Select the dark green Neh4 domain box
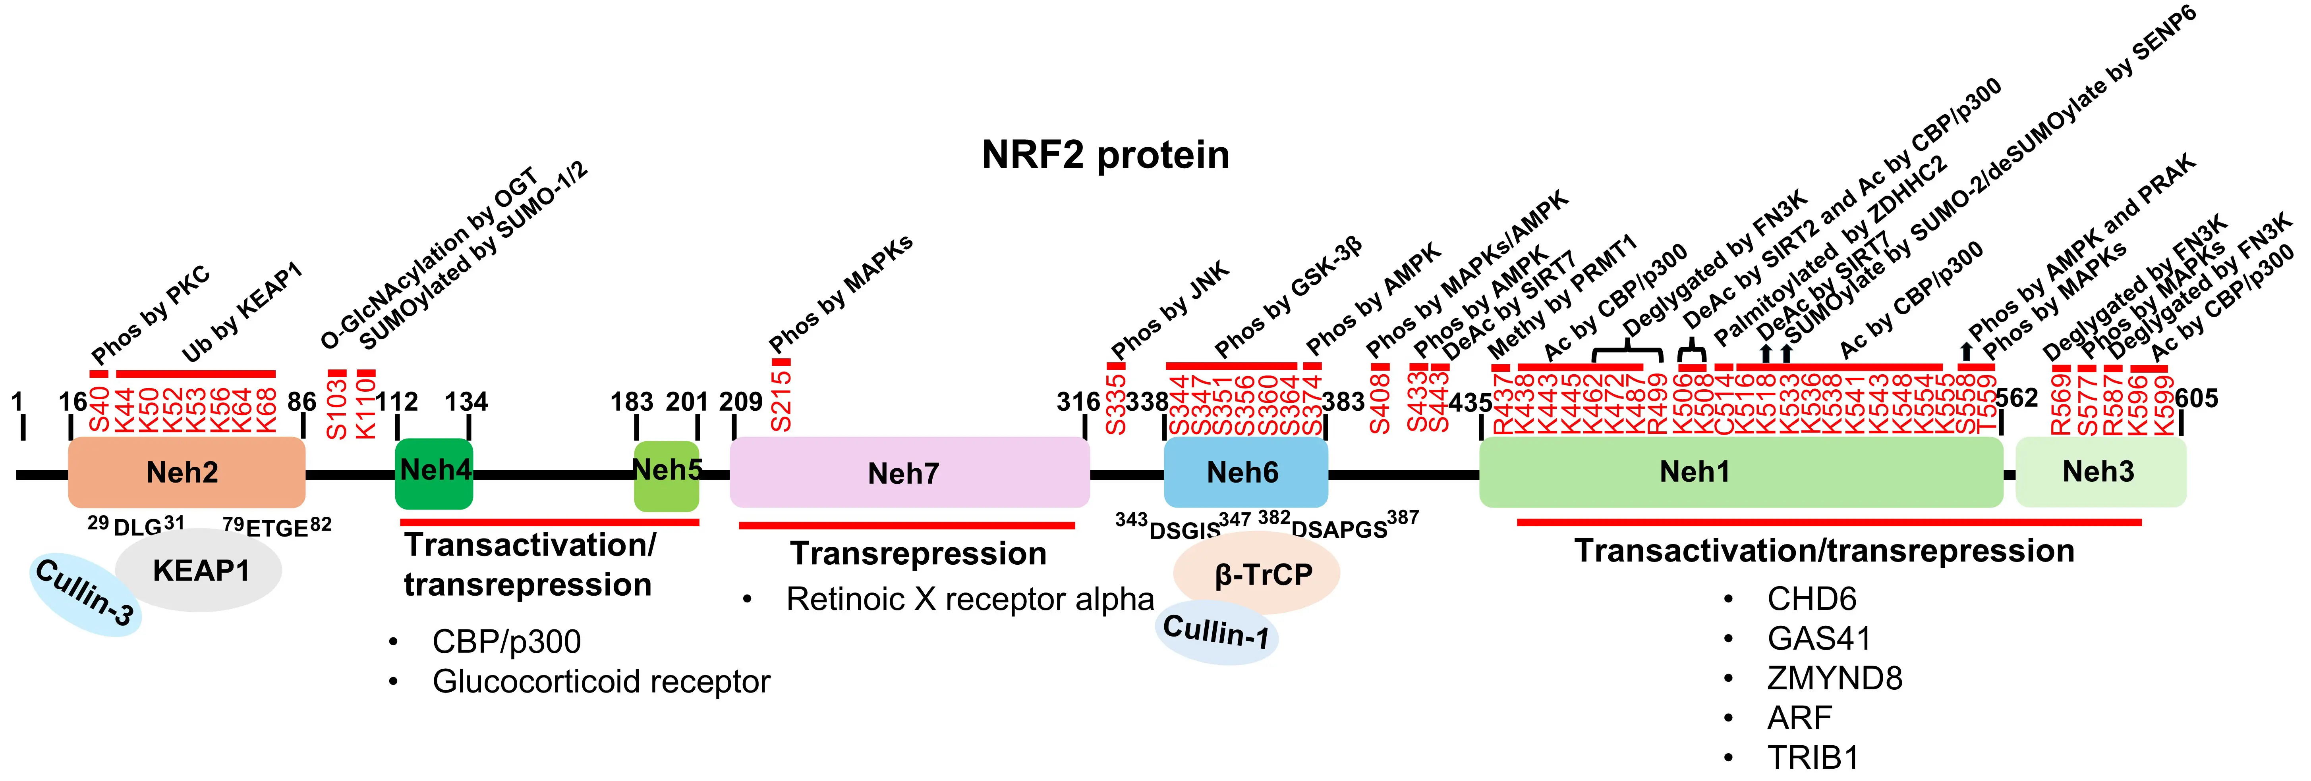point(434,473)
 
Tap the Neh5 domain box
point(667,475)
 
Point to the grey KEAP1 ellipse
point(199,570)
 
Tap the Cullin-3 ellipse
point(85,594)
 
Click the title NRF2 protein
point(1105,155)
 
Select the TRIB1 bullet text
point(1812,758)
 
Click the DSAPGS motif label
point(1339,529)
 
